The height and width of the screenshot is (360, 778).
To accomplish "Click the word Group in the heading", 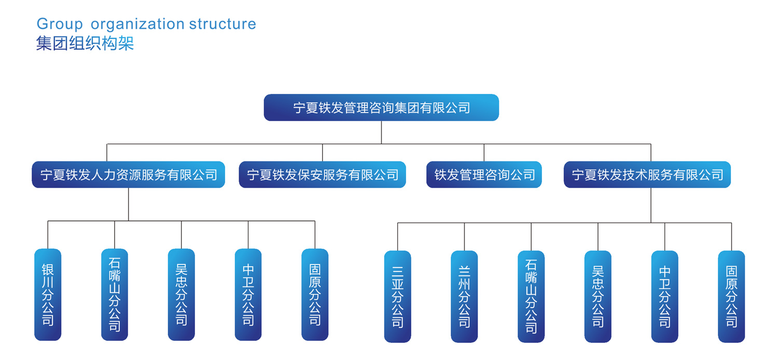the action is coord(60,24).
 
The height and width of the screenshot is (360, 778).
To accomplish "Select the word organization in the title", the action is coord(137,24).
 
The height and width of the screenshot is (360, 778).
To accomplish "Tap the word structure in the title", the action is coord(223,24).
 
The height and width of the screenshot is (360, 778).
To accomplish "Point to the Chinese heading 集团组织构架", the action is coord(85,44).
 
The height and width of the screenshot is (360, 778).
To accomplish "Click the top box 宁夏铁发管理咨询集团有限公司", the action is coord(381,107).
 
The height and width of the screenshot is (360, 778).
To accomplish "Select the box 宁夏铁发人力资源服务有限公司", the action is coord(129,174).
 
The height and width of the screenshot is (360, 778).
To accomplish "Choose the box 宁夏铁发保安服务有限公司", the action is coord(322,174).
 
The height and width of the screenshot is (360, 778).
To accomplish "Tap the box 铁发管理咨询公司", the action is coord(484,174).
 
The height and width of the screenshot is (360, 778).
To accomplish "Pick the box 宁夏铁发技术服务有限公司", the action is coord(647,174).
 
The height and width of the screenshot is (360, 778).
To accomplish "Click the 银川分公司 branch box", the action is coord(48,295).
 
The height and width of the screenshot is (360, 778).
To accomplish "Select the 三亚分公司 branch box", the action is coord(398,296).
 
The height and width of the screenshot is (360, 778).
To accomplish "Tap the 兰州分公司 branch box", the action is coord(464,296).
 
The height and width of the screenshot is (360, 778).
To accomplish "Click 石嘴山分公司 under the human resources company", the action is coord(115,295).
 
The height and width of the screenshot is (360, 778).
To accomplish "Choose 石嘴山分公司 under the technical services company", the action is coord(531,296).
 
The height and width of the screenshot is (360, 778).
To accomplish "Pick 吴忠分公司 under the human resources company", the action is coord(182,295).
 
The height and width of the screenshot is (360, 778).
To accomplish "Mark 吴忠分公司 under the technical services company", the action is coord(598,296).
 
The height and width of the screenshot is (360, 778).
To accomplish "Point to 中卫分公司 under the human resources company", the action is coord(248,295).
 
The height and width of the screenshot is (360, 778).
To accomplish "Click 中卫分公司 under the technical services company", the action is coord(665,296).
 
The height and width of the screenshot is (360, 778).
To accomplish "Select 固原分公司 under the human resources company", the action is coord(315,295).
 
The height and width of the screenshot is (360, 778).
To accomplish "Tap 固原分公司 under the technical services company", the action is coord(731,296).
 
